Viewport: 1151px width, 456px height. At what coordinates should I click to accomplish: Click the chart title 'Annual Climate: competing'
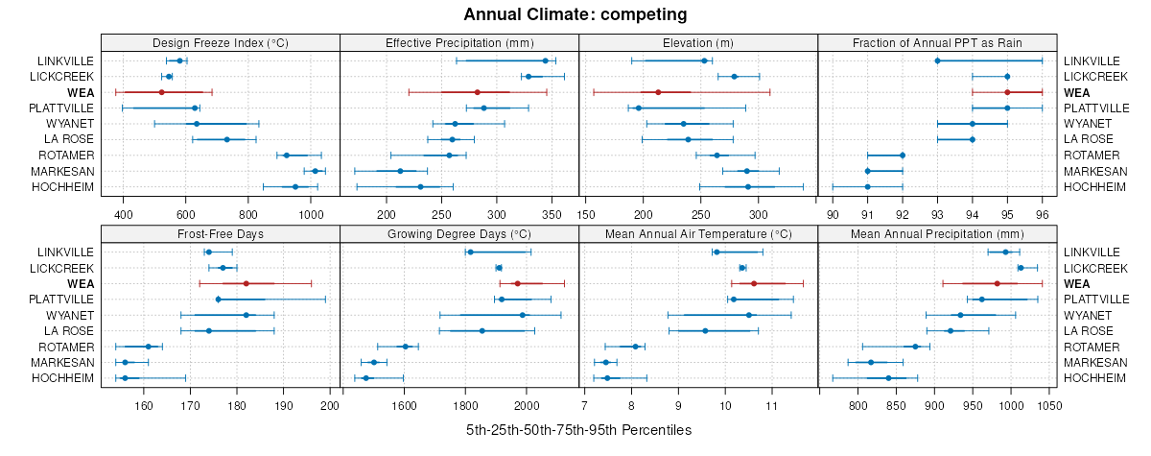click(575, 14)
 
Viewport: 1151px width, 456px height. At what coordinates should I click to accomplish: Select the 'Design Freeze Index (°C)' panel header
click(221, 42)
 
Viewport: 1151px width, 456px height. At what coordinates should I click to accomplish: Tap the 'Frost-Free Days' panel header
click(221, 233)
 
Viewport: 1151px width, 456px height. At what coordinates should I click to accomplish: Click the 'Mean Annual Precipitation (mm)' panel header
click(937, 233)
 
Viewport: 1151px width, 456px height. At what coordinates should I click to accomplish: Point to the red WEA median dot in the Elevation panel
click(658, 92)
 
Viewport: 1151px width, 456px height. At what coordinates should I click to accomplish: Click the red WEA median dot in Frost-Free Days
click(247, 283)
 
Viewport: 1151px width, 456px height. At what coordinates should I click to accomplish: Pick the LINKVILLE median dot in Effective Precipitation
click(545, 60)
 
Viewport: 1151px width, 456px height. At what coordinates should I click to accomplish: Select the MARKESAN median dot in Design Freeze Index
click(315, 171)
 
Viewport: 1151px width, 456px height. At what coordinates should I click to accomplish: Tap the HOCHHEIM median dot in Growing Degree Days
click(365, 378)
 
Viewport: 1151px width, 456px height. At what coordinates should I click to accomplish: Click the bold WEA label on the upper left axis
click(81, 92)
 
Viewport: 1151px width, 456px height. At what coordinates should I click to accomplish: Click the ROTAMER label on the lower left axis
click(66, 347)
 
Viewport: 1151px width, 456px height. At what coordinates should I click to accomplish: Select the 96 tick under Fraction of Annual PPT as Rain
click(1042, 214)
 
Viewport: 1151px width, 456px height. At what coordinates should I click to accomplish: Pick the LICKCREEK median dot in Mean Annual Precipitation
click(1021, 268)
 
